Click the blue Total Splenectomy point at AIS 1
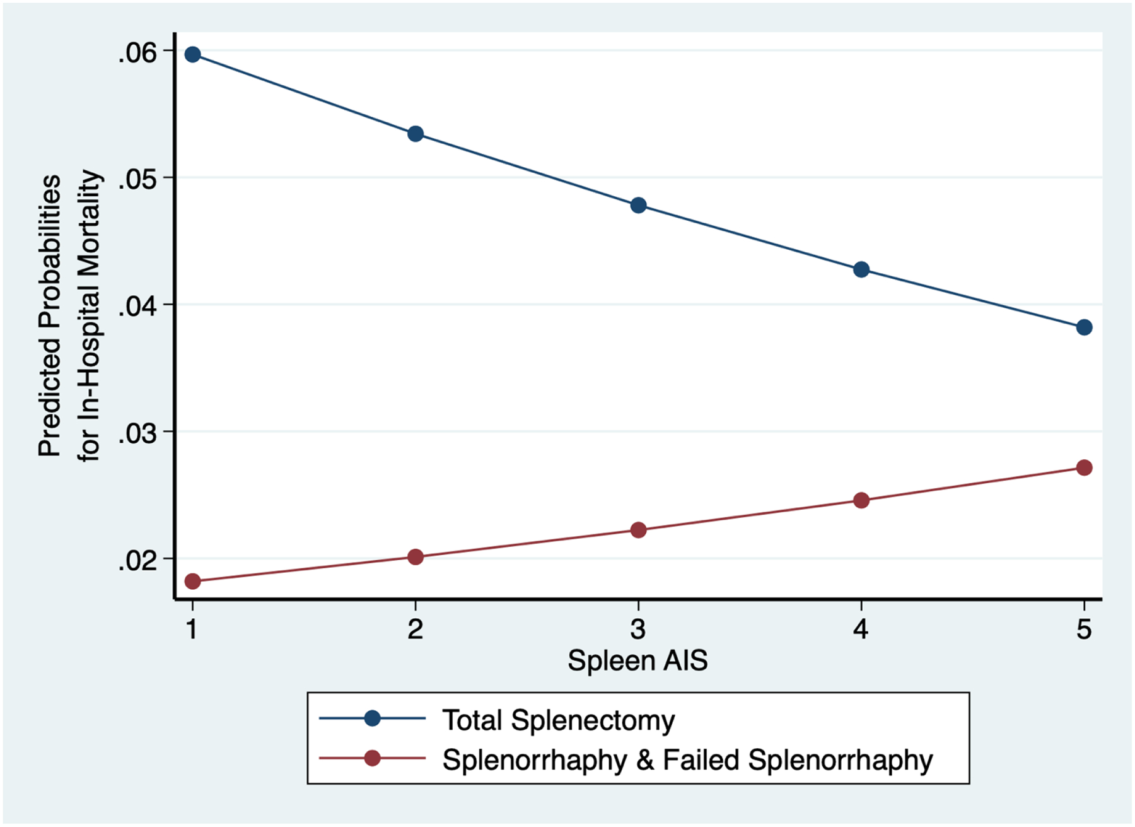coord(193,55)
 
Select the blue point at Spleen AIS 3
coord(638,205)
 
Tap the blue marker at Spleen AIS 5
coord(1084,327)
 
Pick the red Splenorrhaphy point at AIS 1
coord(193,581)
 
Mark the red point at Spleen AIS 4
coord(861,500)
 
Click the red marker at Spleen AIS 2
coord(416,556)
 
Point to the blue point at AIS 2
coord(416,134)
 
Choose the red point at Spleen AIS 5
coord(1084,467)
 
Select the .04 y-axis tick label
coord(137,307)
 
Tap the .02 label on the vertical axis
coord(137,561)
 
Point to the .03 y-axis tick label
coord(137,434)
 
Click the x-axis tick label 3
coord(638,629)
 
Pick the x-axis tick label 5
coord(1084,629)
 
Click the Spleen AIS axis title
coord(637,660)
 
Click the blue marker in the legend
coord(372,718)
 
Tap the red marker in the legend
coord(372,758)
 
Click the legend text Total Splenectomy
coord(558,720)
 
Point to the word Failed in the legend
coord(701,760)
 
